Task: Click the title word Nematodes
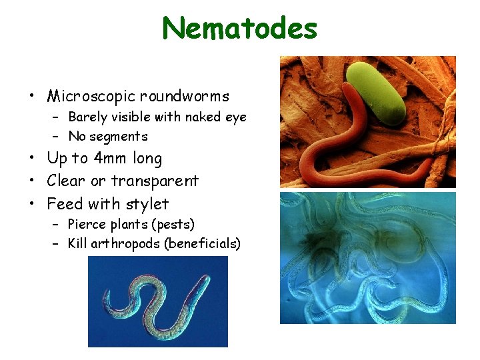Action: tap(240, 28)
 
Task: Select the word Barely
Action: tap(87, 117)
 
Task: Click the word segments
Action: tap(119, 137)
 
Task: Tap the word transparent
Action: tap(155, 181)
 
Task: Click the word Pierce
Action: tap(87, 225)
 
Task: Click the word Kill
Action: tap(77, 243)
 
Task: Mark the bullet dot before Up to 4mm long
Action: tap(32, 159)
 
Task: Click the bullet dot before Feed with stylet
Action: tap(32, 204)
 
